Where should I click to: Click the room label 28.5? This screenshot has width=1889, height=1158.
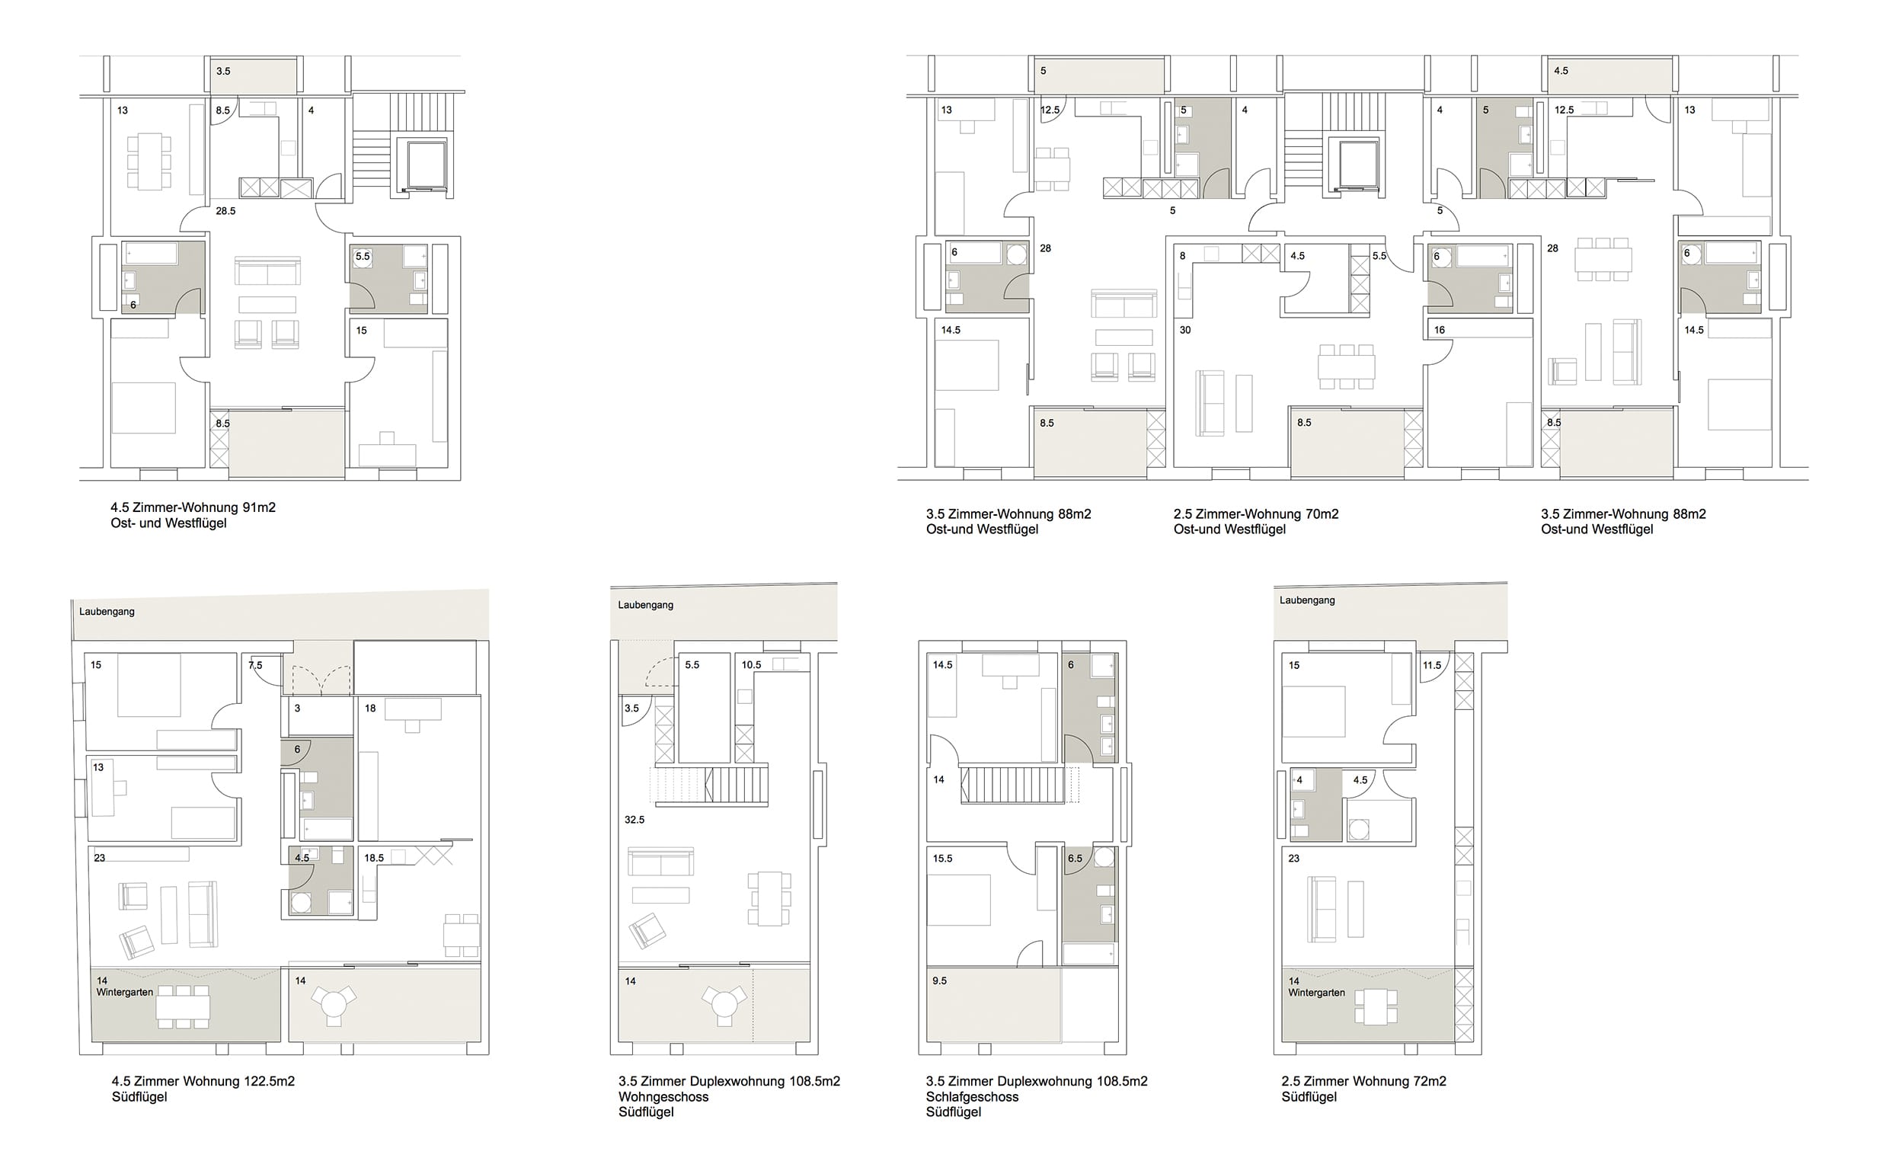point(225,211)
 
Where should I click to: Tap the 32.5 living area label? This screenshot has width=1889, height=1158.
point(634,820)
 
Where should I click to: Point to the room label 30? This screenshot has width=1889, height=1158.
point(1185,330)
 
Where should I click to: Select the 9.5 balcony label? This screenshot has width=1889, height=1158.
point(939,980)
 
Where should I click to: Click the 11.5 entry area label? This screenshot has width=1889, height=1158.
point(1431,666)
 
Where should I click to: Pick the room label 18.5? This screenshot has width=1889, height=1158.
point(374,858)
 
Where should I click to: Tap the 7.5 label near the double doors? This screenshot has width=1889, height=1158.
point(255,666)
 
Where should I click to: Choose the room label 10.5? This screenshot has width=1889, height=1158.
point(751,665)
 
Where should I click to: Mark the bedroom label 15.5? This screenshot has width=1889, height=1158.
point(942,859)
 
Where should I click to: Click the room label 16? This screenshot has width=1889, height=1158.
point(1439,330)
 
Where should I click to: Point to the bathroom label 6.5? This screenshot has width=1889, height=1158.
point(1075,859)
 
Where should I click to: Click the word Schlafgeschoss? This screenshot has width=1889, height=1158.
point(972,1096)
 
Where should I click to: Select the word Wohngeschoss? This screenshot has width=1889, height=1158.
point(664,1096)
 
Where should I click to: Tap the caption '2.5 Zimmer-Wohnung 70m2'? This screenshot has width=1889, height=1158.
point(1256,513)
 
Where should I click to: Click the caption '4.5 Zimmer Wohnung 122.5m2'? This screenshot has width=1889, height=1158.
point(203,1081)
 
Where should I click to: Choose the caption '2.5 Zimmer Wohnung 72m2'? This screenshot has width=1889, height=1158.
point(1364,1081)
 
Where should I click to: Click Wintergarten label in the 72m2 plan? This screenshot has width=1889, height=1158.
point(1316,993)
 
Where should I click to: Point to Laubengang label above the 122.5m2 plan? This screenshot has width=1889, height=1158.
point(107,612)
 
